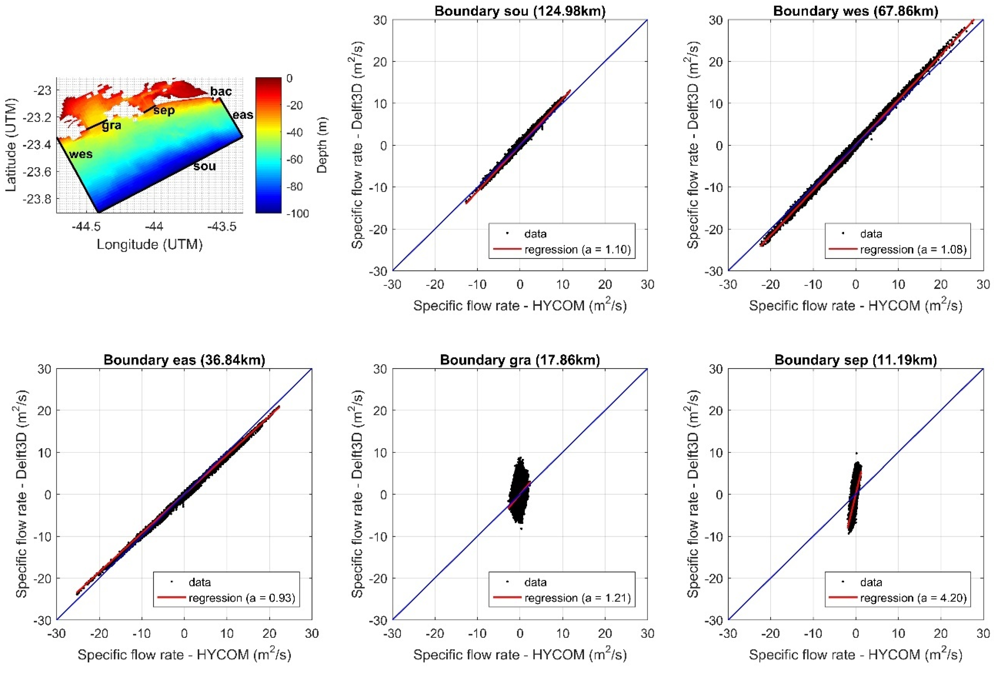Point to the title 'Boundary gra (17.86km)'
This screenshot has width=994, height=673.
(520, 360)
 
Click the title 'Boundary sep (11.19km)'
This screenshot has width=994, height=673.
(856, 360)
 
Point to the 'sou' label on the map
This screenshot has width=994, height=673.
(205, 166)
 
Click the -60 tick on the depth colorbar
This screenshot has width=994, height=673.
(294, 159)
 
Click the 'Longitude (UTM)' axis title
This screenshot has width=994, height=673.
(149, 244)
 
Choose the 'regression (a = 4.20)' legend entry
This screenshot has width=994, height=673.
(913, 598)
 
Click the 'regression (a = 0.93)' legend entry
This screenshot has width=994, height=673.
(242, 598)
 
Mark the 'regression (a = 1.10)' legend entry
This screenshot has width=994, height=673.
(577, 249)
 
